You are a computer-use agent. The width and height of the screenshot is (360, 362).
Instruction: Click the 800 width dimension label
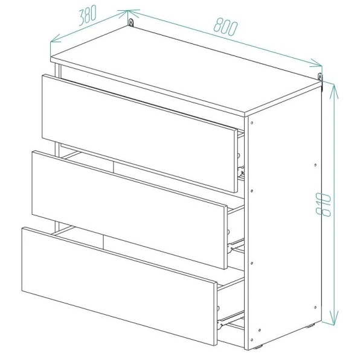(x=225, y=27)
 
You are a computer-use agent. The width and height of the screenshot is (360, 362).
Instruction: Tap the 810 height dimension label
(x=324, y=205)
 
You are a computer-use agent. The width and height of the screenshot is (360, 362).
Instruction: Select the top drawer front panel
(x=140, y=133)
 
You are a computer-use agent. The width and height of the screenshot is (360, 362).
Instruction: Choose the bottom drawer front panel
(x=120, y=286)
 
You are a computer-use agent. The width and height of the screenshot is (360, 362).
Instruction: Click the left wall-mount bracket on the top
(x=131, y=23)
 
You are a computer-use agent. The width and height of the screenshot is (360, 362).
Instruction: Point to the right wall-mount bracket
(x=320, y=77)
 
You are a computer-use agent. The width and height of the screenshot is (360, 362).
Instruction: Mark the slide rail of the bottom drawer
(x=231, y=320)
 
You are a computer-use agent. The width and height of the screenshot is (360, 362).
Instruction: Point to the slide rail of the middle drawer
(x=236, y=247)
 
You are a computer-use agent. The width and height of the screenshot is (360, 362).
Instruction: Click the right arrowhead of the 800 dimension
(x=316, y=63)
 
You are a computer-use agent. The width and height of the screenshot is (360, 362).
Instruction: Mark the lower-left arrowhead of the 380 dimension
(x=56, y=39)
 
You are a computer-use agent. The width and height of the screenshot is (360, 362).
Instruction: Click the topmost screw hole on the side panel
(x=252, y=123)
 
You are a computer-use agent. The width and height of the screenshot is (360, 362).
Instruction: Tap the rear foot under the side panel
(x=310, y=326)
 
